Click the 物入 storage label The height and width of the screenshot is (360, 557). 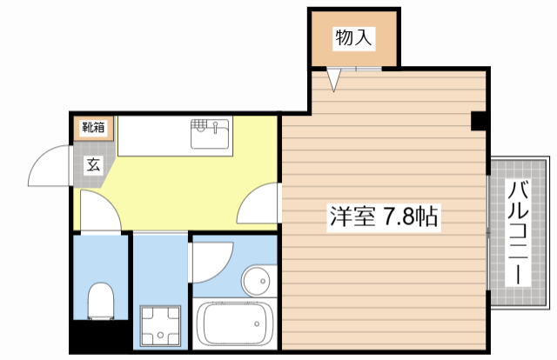point(354,37)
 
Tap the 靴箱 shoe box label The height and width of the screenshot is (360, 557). point(93,129)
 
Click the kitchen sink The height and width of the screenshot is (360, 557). point(211,136)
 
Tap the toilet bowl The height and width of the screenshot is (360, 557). point(101,301)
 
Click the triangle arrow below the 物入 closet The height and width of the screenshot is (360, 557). point(333,80)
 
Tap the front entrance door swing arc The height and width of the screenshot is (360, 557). point(48,165)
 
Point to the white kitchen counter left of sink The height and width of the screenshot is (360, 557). point(153,135)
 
